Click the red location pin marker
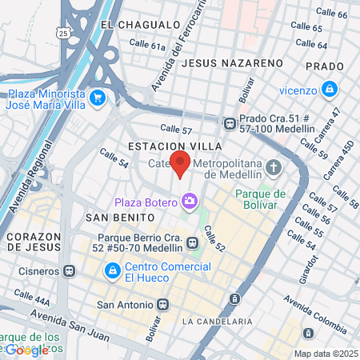click(x=181, y=163)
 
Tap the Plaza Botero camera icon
click(x=190, y=202)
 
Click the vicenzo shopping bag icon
click(x=328, y=89)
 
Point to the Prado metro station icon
click(x=230, y=123)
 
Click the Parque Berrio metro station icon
click(x=192, y=242)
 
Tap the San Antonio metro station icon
click(x=163, y=305)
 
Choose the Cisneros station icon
click(x=70, y=270)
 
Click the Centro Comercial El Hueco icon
click(x=113, y=272)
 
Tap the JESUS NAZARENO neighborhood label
click(x=233, y=62)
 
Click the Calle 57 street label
click(x=177, y=129)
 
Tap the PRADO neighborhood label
click(x=324, y=66)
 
